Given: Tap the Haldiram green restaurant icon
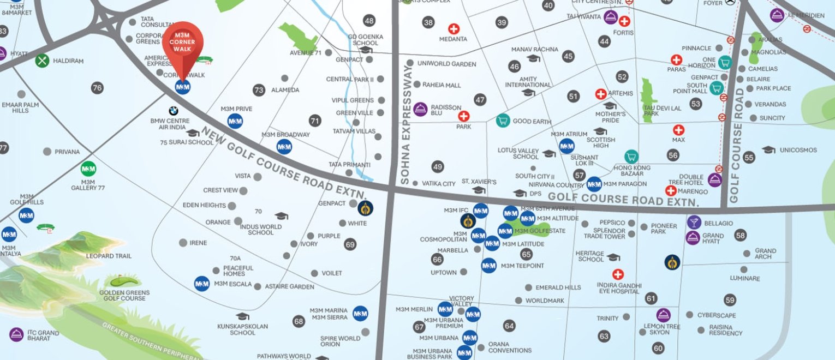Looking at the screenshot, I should tap(42, 61).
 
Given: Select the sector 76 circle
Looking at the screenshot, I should tap(97, 88).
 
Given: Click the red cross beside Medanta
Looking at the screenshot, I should tap(454, 29).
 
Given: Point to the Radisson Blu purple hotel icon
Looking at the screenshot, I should tap(420, 109).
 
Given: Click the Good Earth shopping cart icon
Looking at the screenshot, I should tap(503, 121).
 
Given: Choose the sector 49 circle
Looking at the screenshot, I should tap(437, 167).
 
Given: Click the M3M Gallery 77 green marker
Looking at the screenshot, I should tap(88, 169).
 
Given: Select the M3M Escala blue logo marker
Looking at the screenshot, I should tap(202, 284).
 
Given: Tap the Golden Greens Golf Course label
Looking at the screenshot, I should tap(124, 296).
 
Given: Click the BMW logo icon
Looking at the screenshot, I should tap(173, 111).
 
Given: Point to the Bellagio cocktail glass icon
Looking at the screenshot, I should tap(693, 222).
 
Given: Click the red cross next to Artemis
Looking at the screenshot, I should tap(601, 94).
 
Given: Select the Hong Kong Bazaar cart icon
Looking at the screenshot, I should tap(631, 157).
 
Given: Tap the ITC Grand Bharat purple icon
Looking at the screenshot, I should tap(16, 334).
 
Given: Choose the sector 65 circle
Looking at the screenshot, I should tap(526, 254).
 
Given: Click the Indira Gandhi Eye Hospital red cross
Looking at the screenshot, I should tap(618, 274).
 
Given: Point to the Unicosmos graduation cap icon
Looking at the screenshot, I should tap(768, 150).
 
